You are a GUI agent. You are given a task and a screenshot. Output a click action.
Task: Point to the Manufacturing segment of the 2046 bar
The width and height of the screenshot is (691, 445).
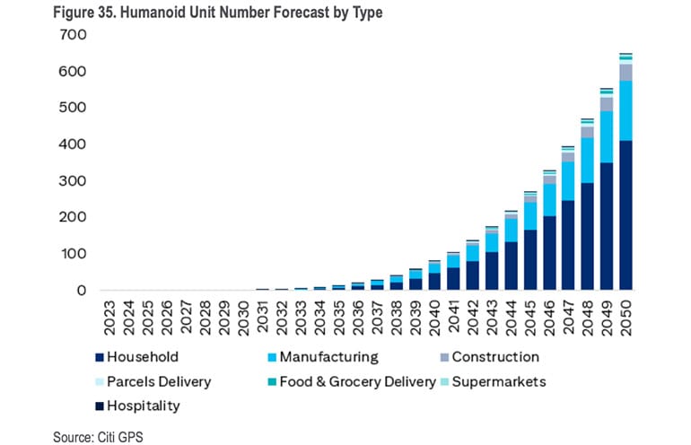549,199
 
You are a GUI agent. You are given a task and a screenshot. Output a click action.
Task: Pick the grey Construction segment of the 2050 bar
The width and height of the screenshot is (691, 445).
625,72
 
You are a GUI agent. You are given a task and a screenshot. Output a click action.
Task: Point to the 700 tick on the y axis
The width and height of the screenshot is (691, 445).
73,35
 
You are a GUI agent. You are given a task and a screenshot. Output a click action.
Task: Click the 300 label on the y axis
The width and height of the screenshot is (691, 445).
73,181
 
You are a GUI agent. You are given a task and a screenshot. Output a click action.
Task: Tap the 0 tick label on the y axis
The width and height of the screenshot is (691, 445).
81,291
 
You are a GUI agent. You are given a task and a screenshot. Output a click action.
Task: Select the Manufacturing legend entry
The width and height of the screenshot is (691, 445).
328,357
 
